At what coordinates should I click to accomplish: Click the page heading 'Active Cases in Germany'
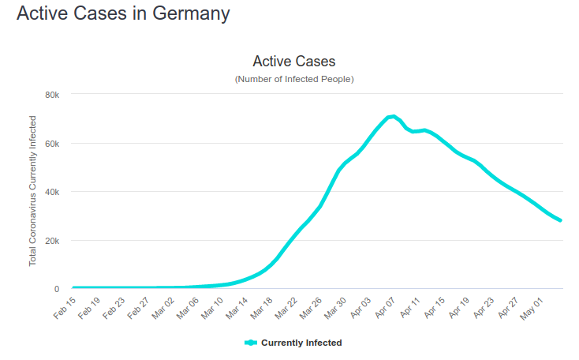(x=123, y=14)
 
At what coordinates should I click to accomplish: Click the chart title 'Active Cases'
(x=294, y=62)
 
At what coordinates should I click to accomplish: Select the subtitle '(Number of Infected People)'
(x=294, y=79)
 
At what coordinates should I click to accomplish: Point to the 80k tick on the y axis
(x=52, y=95)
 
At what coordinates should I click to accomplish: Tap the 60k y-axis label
(x=52, y=144)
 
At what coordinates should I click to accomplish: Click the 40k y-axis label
(x=52, y=192)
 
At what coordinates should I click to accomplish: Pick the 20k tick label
(x=52, y=241)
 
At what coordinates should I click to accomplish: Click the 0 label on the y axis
(x=57, y=289)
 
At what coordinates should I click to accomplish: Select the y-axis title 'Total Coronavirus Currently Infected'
(x=32, y=191)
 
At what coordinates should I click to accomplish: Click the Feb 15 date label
(x=65, y=308)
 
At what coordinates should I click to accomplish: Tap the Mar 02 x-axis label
(x=163, y=308)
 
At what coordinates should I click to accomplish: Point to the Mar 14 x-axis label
(x=237, y=308)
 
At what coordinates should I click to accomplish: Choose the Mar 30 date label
(x=336, y=308)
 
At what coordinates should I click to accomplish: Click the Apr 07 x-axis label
(x=385, y=308)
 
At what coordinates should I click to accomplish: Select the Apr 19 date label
(x=459, y=308)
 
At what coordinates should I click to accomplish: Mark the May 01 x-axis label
(x=532, y=309)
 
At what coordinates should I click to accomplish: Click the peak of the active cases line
(x=394, y=117)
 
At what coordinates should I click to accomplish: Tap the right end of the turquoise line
(x=561, y=220)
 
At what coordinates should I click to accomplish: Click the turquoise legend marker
(x=251, y=343)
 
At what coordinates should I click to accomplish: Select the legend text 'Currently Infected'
(x=301, y=343)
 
